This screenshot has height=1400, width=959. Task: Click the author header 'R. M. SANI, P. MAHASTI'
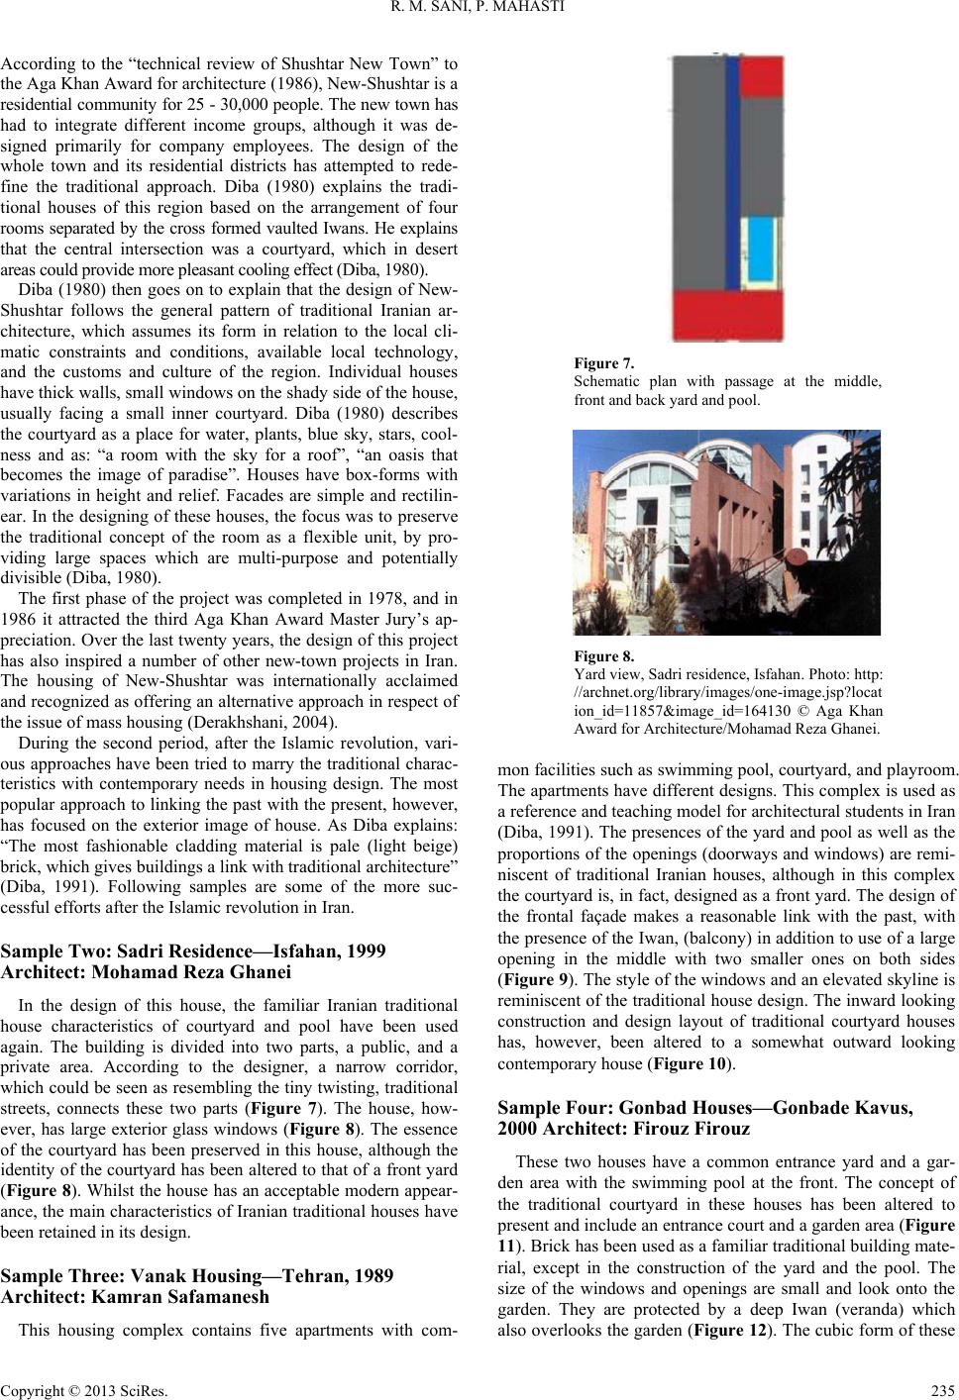[x=479, y=13]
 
